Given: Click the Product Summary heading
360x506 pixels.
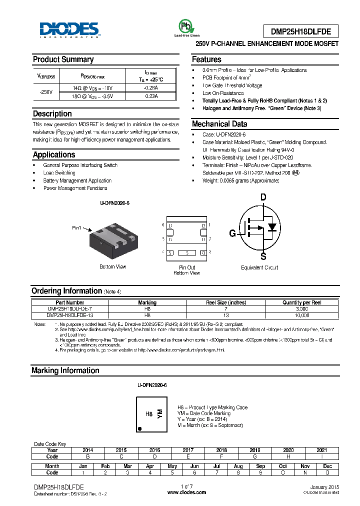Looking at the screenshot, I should pos(63,59).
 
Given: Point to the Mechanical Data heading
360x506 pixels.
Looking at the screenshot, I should pos(219,124).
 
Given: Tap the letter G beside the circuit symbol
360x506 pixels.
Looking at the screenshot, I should pos(232,233).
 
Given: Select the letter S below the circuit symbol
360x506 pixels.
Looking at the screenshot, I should pos(263,257).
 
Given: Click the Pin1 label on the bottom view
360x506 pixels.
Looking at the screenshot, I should pos(76,228).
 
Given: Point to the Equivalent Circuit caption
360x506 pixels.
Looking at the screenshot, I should pos(259,268).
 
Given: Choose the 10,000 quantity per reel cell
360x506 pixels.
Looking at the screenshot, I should pos(301,315).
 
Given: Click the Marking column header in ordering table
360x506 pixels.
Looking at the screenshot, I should pos(147,302).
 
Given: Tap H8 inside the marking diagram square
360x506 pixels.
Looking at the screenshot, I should pos(148,414).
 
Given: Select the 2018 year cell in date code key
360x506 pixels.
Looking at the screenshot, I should pos(221,450).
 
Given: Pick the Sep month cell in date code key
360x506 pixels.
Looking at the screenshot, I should pos(260,466).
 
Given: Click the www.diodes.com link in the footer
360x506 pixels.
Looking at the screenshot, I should pos(186,492).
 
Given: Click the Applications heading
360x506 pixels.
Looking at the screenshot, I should pos(54,155).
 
